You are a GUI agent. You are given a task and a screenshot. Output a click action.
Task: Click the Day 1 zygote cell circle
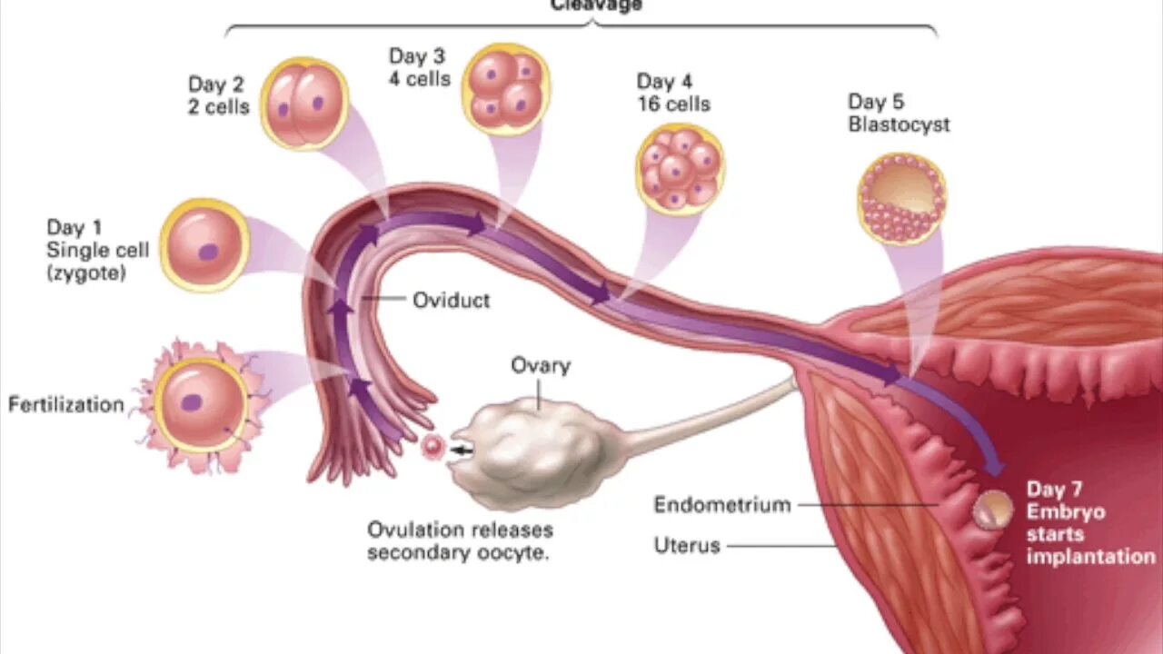click(205, 244)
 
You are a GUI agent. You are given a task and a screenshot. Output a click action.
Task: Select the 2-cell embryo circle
click(304, 103)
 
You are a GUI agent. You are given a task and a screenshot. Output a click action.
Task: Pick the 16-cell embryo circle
click(679, 168)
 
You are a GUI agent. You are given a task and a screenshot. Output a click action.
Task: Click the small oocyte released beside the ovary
click(432, 446)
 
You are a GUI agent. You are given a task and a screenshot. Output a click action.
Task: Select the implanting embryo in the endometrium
click(991, 510)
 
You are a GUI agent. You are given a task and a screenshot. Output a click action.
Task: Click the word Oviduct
click(451, 300)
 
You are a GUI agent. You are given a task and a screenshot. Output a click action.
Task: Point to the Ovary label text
click(540, 365)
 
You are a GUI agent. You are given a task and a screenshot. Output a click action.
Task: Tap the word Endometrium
click(722, 505)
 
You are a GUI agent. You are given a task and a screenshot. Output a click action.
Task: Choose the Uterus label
click(687, 545)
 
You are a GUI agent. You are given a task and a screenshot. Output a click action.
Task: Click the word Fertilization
click(65, 404)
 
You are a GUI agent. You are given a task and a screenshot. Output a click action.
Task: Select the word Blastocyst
click(899, 124)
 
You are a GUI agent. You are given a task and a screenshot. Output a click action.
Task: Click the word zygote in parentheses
click(86, 272)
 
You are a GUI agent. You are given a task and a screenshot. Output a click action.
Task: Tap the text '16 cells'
click(673, 104)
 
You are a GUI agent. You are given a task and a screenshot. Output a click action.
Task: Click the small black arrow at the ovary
click(462, 449)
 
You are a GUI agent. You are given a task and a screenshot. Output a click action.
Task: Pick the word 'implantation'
click(1090, 556)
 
